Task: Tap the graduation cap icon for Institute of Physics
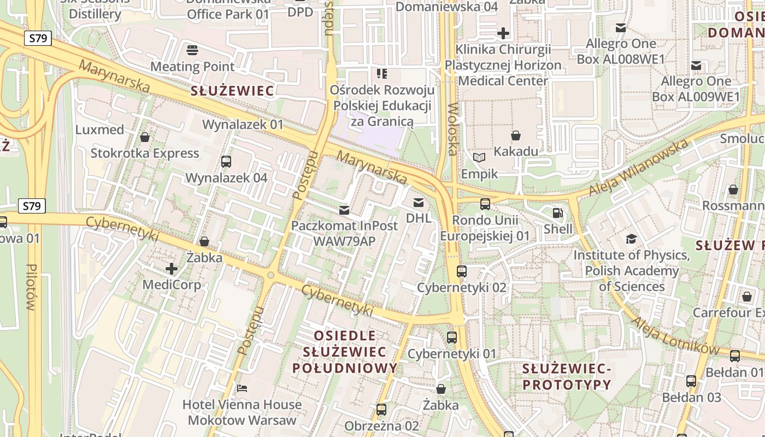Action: (x=631, y=239)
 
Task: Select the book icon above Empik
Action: (x=479, y=158)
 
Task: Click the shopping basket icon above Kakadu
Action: (x=515, y=135)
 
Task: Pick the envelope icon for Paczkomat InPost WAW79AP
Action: (x=344, y=210)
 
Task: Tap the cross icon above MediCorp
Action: (x=172, y=269)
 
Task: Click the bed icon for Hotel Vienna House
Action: (x=242, y=388)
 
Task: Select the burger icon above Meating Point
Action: (x=192, y=51)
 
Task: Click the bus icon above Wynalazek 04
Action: (x=226, y=162)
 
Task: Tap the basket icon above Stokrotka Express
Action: (x=145, y=137)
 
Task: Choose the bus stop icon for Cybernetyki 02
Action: (x=462, y=271)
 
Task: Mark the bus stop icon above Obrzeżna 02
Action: (x=381, y=409)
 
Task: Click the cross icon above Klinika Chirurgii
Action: (x=503, y=34)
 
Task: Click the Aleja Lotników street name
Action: (x=675, y=335)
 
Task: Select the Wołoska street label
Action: (x=452, y=129)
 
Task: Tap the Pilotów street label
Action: (x=31, y=287)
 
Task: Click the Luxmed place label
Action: (x=99, y=130)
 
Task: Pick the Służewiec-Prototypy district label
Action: (x=567, y=377)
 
